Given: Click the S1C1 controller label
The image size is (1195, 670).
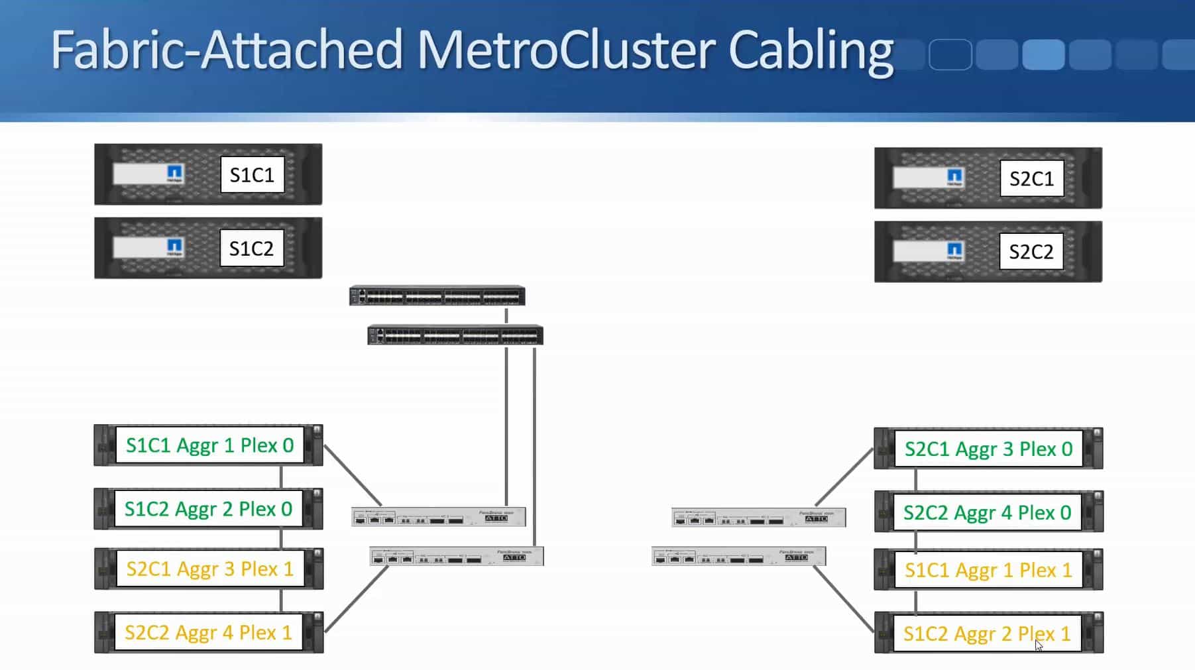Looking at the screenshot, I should [x=252, y=175].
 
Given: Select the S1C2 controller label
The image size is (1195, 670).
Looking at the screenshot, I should [x=252, y=249].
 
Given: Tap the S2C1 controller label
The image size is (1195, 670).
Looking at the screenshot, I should [x=1031, y=179].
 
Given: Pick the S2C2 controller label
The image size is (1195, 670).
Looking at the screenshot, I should [x=1031, y=252].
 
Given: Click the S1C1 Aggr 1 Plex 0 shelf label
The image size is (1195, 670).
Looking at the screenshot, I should [x=209, y=445].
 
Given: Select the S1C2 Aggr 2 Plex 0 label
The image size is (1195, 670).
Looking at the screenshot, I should [x=208, y=509].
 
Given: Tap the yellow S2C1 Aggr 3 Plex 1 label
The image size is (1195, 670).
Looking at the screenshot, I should [x=209, y=569].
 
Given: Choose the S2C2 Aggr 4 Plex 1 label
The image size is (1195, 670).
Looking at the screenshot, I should [x=208, y=633].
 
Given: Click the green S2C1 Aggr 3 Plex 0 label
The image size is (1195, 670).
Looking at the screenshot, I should [x=988, y=449].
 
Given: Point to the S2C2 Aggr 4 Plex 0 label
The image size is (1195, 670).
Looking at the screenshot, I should [x=987, y=513].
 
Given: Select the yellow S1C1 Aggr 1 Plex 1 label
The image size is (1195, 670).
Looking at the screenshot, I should [x=988, y=571].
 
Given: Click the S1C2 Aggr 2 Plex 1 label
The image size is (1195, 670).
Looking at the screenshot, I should [x=987, y=634].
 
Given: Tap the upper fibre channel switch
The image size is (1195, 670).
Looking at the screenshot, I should [x=437, y=296].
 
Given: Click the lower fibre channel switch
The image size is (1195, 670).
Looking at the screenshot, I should [x=455, y=335].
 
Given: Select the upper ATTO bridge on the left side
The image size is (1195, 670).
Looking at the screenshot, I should [x=438, y=517].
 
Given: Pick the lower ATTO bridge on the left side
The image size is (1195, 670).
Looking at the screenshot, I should [x=457, y=557].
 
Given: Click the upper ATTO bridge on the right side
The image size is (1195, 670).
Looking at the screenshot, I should [x=758, y=518].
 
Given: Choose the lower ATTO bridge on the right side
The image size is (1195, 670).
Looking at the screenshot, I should [x=738, y=557].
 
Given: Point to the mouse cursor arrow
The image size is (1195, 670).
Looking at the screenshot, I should [x=1039, y=645].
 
